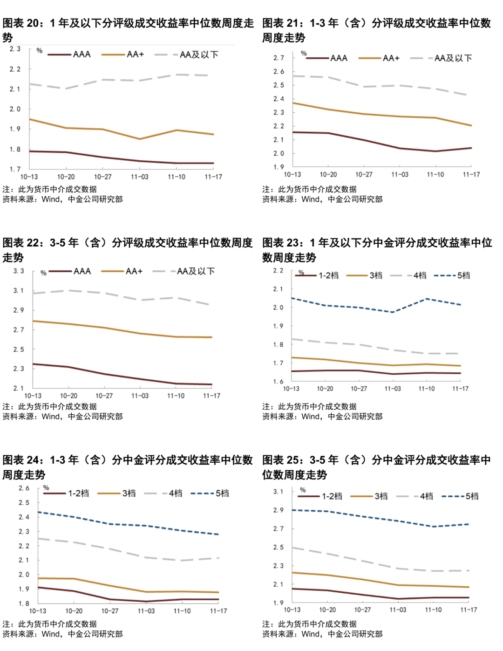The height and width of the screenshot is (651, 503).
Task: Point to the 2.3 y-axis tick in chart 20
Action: pos(15,49)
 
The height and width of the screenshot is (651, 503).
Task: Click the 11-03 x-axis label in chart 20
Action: pos(139,177)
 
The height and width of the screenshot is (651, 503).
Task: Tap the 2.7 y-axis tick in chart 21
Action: pos(279,58)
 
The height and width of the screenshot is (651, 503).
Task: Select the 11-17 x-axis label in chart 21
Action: pos(471,175)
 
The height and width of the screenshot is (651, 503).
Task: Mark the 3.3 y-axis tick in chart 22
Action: pos(18,271)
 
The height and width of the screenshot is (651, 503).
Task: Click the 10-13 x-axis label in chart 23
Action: pos(291,389)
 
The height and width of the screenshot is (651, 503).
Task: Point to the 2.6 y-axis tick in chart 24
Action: pos(24,488)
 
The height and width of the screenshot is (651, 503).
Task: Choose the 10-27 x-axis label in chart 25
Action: pos(362,610)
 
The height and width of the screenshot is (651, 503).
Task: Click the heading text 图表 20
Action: pos(20,23)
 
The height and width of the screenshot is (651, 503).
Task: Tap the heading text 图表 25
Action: pos(280,460)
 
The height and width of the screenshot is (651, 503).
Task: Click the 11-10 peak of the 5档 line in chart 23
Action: pos(427,299)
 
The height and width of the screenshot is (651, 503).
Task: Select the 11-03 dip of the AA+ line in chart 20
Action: pos(139,139)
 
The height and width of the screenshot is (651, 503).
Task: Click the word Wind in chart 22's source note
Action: pos(51,417)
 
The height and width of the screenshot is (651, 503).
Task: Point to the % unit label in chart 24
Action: pos(46,488)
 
